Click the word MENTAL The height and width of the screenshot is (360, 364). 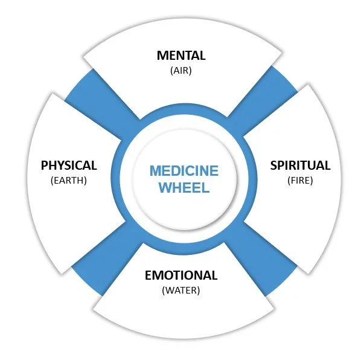(181, 56)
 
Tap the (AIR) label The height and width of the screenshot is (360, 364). (181, 70)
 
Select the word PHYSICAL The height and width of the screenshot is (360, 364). (69, 166)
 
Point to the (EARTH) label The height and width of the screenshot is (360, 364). (69, 180)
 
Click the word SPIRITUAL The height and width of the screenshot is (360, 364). (300, 165)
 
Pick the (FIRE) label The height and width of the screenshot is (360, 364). (300, 179)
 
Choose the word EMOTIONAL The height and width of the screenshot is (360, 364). (181, 275)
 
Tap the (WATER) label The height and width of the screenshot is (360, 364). (181, 290)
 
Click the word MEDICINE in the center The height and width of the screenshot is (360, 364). (184, 170)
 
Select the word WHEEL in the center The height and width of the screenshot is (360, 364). (184, 187)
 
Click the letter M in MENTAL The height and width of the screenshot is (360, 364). (162, 56)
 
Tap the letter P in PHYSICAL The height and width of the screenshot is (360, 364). (45, 166)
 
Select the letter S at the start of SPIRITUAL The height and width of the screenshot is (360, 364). (273, 165)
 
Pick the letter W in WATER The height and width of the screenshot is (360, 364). (168, 290)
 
